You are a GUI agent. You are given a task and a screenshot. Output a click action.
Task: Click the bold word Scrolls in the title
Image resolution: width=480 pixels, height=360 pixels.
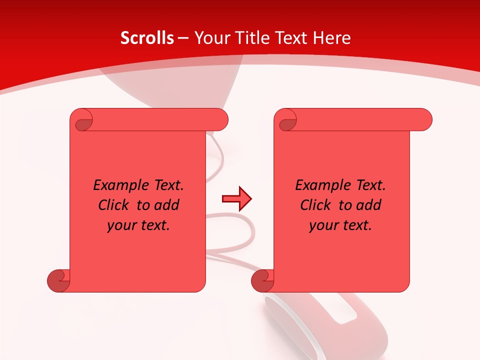[147, 38]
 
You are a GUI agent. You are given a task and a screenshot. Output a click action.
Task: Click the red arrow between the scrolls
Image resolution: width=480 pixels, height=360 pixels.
[236, 199]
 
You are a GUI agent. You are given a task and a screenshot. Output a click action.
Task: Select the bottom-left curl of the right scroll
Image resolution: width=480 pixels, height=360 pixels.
[262, 280]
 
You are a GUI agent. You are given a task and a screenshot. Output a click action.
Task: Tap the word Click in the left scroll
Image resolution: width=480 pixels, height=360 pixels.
[113, 205]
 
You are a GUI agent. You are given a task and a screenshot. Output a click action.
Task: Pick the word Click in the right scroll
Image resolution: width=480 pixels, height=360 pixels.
[315, 205]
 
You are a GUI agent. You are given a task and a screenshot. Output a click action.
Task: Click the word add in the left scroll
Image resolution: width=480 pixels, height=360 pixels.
[167, 205]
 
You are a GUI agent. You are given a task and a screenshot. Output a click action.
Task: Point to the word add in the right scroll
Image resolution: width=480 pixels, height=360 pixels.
[369, 205]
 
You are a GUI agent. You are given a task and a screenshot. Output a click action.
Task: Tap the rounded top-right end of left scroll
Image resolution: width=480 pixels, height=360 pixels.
[220, 120]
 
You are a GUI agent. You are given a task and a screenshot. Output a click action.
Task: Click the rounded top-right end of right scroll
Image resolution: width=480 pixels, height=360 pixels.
[424, 120]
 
